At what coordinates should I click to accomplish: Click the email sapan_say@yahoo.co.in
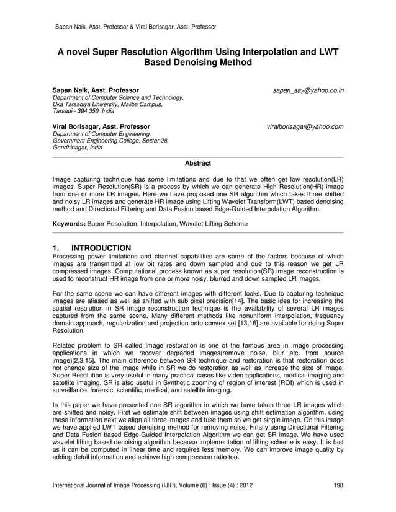(308, 90)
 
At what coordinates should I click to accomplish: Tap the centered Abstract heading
(198, 163)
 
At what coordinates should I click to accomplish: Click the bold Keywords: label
(69, 223)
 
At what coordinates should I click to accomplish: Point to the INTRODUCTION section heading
(101, 248)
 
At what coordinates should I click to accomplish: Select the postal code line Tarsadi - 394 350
(78, 112)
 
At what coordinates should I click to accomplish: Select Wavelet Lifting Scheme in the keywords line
(212, 223)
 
